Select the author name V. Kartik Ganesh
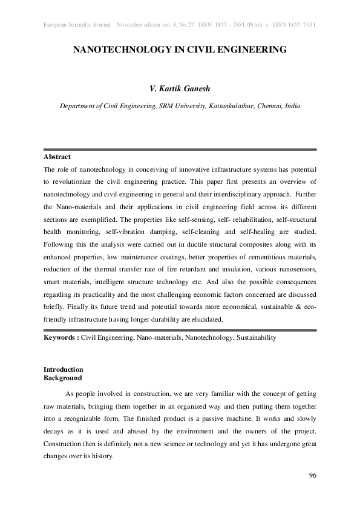click(x=180, y=89)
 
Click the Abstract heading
click(x=57, y=157)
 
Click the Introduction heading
click(x=64, y=369)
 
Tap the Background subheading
click(x=62, y=378)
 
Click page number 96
click(x=312, y=476)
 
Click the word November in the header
click(x=133, y=25)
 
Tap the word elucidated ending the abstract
click(x=206, y=319)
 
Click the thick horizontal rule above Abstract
click(x=180, y=149)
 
